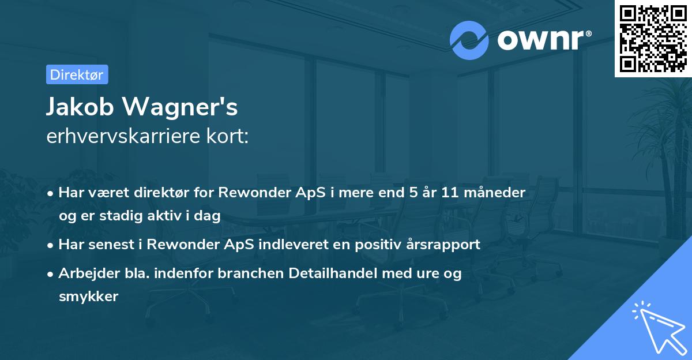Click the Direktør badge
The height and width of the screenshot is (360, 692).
77,74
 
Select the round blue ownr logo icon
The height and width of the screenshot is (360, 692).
469,40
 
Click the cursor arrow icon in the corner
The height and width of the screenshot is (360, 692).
657,327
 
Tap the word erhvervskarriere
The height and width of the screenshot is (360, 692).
116,136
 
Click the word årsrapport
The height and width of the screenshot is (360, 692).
444,245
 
